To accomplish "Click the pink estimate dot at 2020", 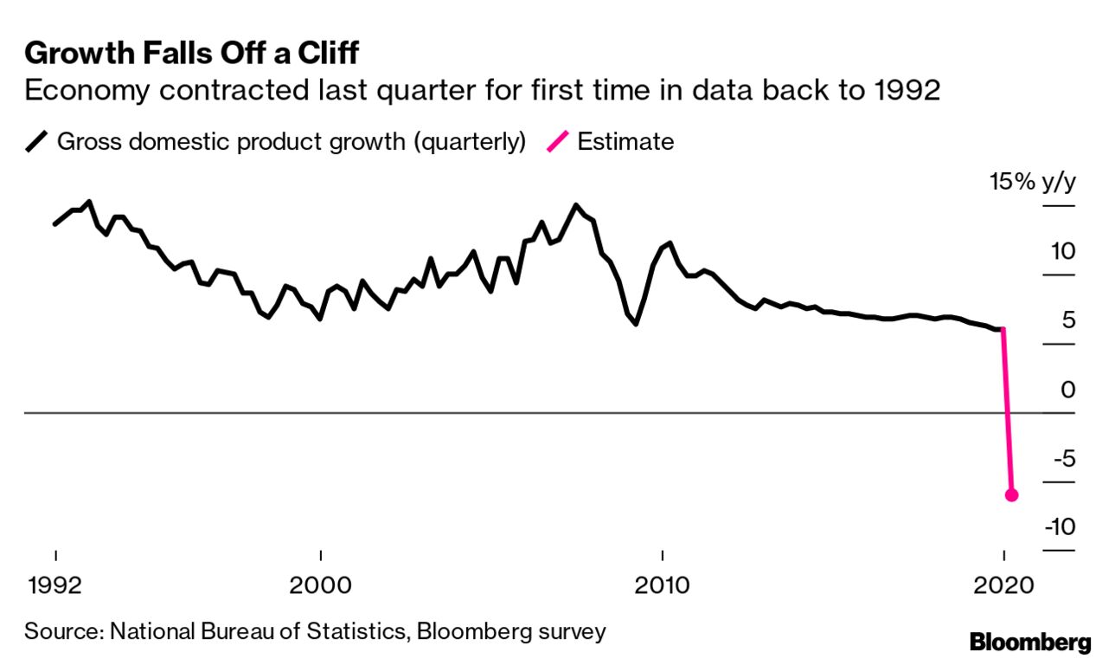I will coord(1011,495).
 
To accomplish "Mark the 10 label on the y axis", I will coord(1062,252).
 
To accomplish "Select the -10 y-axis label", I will coord(1059,527).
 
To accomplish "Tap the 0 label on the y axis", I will coord(1068,390).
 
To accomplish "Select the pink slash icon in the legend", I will coord(559,142).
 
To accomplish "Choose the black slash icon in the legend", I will coord(36,142).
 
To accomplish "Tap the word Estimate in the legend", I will coord(625,142).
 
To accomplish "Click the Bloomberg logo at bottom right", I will coord(1030,642).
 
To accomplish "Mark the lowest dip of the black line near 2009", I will coord(637,324).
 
